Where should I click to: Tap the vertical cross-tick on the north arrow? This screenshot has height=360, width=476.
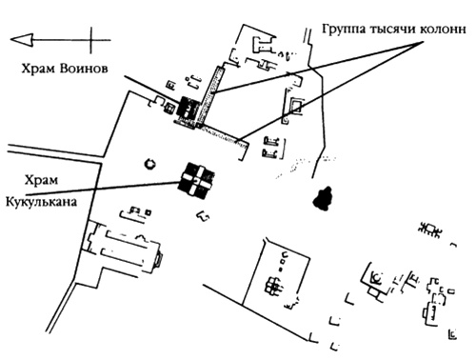coord(92,40)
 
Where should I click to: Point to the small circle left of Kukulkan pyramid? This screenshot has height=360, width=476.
coord(149,164)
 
